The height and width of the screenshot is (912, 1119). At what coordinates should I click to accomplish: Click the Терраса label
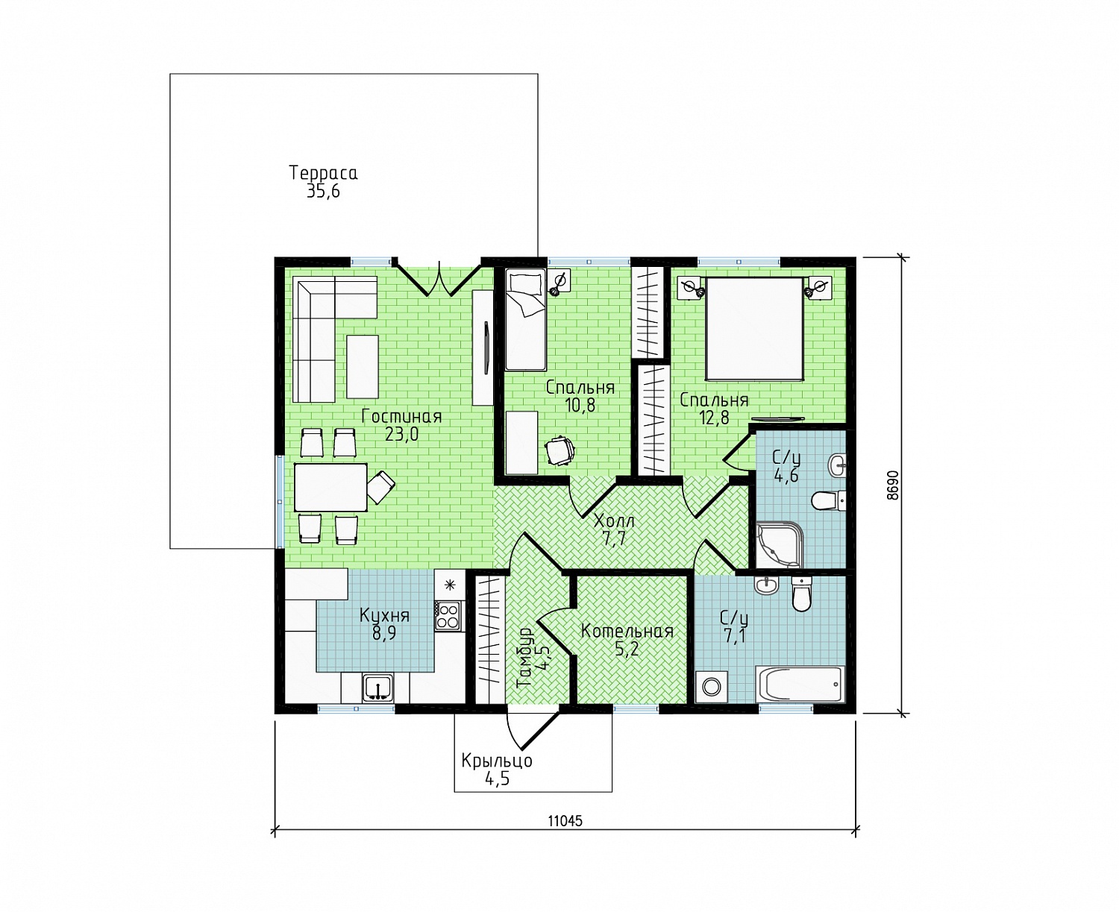(x=323, y=173)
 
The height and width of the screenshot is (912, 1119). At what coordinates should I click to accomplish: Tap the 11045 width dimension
(x=565, y=821)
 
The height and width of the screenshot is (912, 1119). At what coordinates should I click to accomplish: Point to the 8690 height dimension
(x=893, y=485)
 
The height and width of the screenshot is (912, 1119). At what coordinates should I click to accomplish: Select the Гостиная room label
(x=401, y=416)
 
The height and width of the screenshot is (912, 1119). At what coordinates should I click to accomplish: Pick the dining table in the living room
(x=330, y=487)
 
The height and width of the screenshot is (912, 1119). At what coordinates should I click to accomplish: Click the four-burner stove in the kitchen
(x=448, y=616)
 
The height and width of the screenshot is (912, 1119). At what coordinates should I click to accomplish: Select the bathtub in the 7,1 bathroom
(x=800, y=685)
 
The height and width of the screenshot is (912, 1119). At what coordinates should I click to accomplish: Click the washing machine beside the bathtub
(x=711, y=687)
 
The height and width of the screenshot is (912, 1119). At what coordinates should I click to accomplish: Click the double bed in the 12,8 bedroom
(x=754, y=329)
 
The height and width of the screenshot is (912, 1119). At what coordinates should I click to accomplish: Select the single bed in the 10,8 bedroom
(x=525, y=320)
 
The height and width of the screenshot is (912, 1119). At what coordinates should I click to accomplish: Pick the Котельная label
(x=627, y=632)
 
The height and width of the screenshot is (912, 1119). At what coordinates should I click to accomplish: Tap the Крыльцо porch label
(x=497, y=761)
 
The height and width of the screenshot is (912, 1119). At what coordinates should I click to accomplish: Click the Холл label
(x=614, y=521)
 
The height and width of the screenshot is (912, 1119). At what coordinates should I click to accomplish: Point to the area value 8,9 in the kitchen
(x=384, y=633)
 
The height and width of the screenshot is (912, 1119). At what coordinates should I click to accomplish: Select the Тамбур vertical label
(x=525, y=657)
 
